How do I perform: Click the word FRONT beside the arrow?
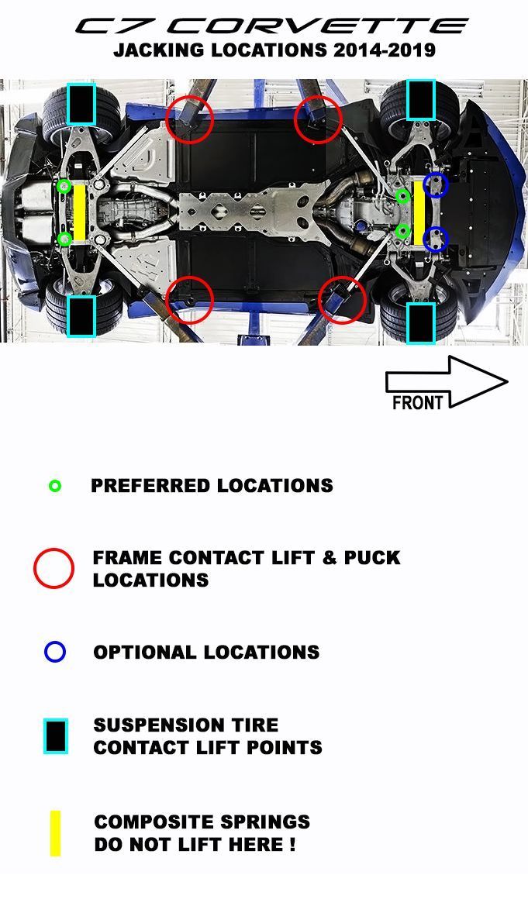point(417,402)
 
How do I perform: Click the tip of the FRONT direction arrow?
point(508,381)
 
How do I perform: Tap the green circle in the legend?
point(55,486)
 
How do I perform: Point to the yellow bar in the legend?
point(55,833)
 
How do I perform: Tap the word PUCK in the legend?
point(372,558)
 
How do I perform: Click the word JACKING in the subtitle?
point(159,50)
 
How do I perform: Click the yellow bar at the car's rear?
point(79,212)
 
